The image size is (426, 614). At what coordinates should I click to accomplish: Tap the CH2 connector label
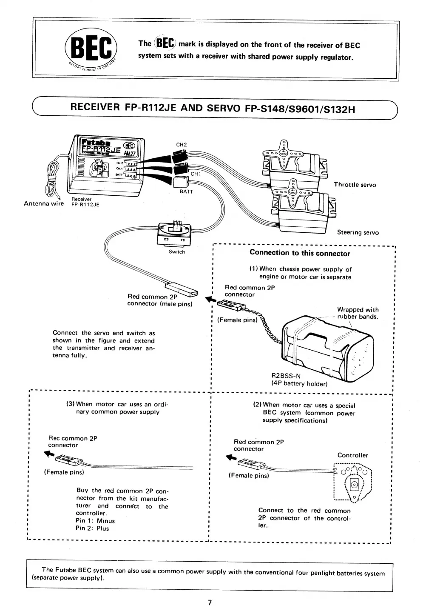182,145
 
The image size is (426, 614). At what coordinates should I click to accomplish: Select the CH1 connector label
196,174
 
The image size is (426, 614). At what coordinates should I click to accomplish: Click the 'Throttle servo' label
355,185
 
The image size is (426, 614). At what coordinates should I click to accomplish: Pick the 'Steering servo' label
358,232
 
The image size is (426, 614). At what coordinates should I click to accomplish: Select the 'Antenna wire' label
43,203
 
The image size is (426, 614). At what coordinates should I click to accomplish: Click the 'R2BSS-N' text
286,376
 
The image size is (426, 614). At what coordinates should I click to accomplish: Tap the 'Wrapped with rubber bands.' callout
358,313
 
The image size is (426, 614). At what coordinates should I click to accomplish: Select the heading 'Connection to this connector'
300,253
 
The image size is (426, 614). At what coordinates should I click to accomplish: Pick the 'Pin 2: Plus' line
92,528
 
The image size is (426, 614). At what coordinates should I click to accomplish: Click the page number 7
210,602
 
